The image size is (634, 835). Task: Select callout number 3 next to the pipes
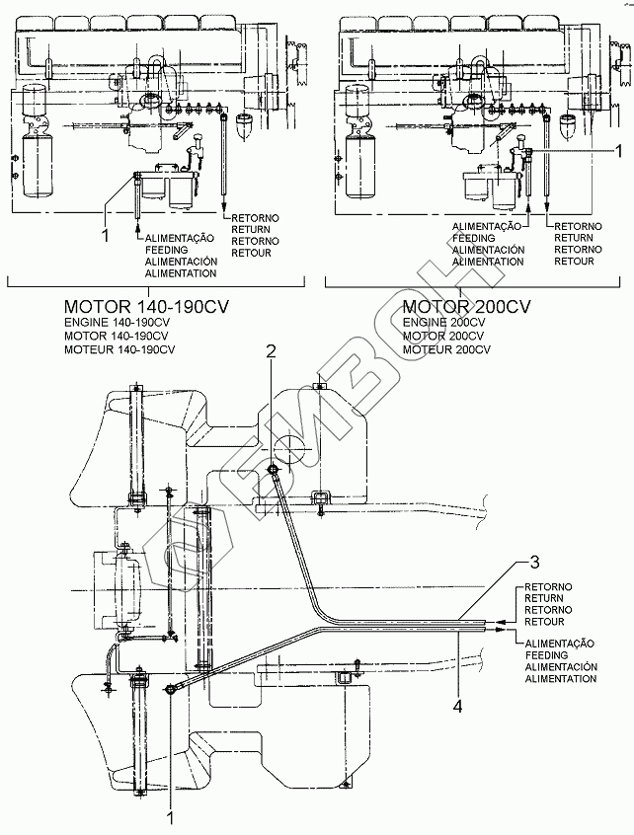(x=534, y=563)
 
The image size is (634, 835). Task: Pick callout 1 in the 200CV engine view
(x=618, y=152)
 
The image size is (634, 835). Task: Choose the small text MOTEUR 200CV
(x=445, y=349)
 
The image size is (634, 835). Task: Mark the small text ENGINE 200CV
(x=443, y=324)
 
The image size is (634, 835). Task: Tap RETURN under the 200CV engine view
(x=574, y=238)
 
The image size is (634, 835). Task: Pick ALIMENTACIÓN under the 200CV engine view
(x=487, y=250)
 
